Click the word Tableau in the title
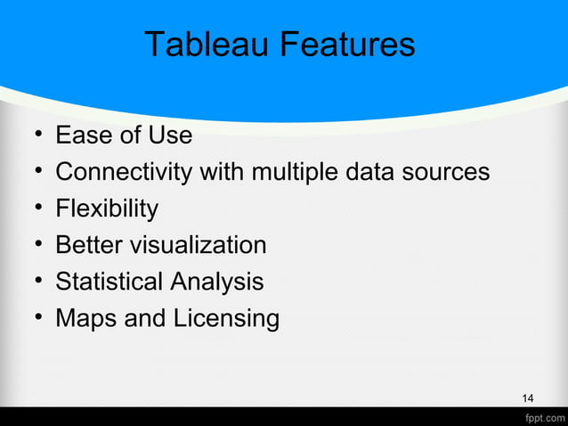click(x=199, y=45)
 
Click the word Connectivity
click(x=123, y=172)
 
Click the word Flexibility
click(x=107, y=209)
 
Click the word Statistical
click(x=110, y=282)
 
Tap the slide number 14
click(x=528, y=397)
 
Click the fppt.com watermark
click(x=542, y=417)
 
